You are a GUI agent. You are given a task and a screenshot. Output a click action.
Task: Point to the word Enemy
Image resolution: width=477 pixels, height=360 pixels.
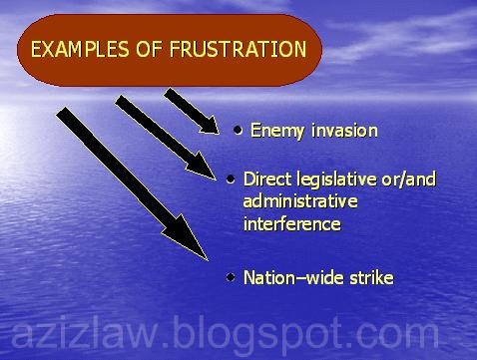click(273, 130)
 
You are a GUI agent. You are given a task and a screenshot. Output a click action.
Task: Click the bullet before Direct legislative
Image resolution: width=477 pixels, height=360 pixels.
click(231, 180)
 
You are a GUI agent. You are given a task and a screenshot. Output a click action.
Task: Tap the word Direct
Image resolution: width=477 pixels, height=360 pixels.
click(266, 180)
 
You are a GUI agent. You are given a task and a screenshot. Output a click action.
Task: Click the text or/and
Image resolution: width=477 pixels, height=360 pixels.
click(410, 180)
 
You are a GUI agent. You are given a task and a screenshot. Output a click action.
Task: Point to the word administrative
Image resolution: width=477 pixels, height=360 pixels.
click(298, 201)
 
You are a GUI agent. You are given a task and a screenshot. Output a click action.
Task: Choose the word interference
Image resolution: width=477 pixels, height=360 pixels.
click(291, 223)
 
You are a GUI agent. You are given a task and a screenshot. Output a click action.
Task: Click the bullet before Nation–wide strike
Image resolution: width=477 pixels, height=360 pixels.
click(231, 276)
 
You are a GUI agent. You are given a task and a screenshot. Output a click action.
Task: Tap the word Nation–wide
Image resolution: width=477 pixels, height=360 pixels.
click(291, 277)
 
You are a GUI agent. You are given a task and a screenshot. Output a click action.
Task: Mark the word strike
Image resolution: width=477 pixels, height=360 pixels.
click(369, 277)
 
